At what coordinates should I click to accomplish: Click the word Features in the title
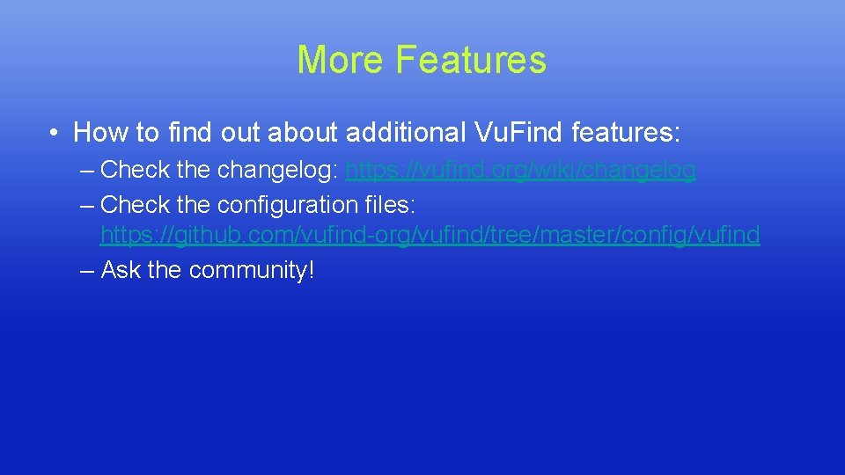tap(471, 60)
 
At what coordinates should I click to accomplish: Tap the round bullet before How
tap(55, 134)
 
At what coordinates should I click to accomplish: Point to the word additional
tap(406, 133)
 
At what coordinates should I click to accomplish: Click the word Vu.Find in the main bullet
tap(518, 133)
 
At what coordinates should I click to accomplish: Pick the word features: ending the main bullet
tap(626, 133)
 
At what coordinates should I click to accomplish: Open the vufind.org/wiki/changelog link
tap(521, 171)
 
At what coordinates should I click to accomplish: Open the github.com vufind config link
tap(430, 236)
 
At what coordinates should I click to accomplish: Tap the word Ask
tap(121, 270)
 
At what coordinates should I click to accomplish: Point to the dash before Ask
tap(86, 270)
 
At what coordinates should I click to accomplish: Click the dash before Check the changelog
tap(86, 171)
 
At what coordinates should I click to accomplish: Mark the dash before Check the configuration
tap(86, 205)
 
